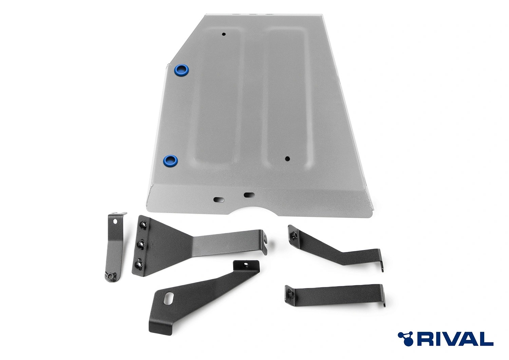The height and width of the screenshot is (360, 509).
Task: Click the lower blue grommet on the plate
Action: [170, 161]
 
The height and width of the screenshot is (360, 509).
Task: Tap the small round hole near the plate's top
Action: [224, 34]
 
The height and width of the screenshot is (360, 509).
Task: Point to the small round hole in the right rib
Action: [287, 158]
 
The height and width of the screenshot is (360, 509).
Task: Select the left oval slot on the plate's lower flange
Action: [219, 200]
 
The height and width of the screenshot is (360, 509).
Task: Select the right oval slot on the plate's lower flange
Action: [249, 195]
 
